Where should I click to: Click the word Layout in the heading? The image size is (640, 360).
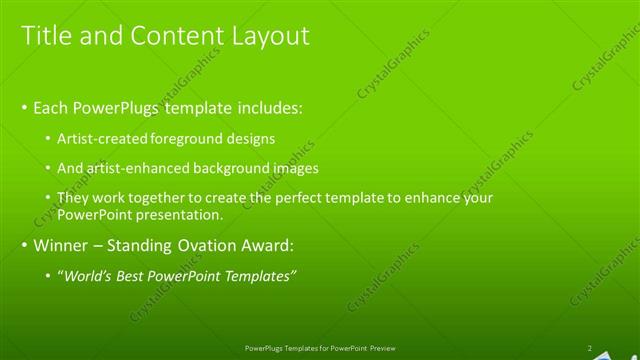(x=270, y=36)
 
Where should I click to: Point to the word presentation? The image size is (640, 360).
(x=187, y=214)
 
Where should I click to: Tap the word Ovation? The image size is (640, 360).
(x=212, y=244)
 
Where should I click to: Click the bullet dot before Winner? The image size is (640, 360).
(x=25, y=245)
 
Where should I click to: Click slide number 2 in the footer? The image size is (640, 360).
(x=589, y=348)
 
